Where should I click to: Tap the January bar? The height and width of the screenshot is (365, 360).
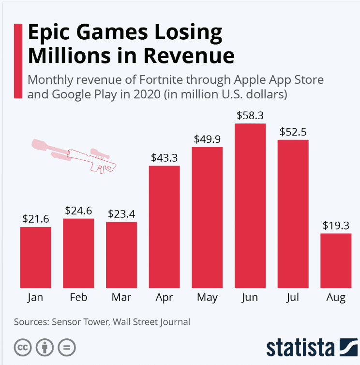coord(35,257)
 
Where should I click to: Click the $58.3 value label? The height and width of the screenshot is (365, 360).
coord(250,116)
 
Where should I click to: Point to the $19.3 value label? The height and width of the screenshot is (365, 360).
coord(336,226)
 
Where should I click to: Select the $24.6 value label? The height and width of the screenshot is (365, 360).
coord(78,211)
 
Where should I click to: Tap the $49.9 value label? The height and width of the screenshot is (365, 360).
coord(207,139)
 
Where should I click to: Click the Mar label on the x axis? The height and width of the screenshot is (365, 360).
coord(121,297)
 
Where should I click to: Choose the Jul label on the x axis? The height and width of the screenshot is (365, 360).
coord(293,297)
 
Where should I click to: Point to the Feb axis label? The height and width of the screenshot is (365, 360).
coord(78,297)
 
